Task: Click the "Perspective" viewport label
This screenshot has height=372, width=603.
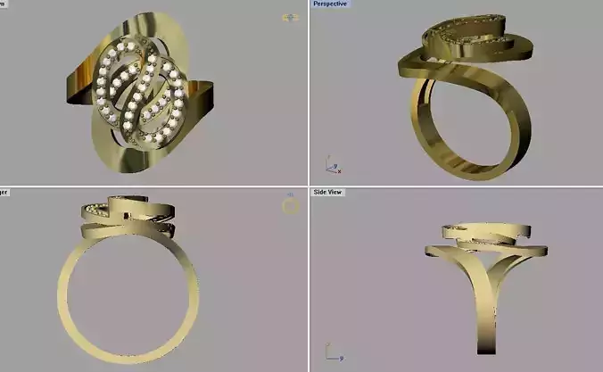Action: (x=330, y=4)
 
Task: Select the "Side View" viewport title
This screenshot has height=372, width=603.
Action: (x=328, y=192)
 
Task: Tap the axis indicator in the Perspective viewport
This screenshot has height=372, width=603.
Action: (x=331, y=167)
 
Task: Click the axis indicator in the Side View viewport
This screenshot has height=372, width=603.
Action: (x=334, y=354)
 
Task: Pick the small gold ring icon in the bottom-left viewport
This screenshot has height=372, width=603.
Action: (x=290, y=206)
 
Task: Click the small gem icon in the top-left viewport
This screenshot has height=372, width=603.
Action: (x=290, y=17)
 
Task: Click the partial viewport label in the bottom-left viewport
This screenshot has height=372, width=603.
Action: (x=4, y=192)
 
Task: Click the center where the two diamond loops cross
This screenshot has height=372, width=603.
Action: (x=141, y=89)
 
